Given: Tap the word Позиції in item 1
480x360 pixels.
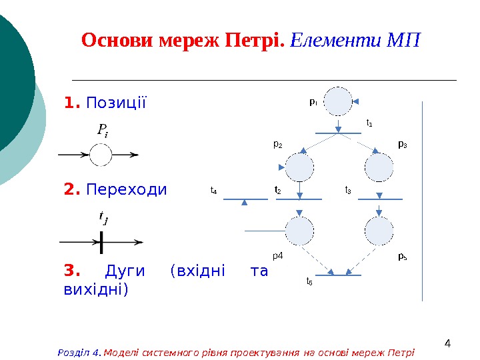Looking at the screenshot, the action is coord(116,104).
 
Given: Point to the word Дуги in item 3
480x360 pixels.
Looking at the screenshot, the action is coord(127,271).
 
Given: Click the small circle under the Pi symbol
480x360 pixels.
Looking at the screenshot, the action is coord(101,155).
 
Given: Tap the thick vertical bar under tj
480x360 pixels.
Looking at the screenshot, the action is coord(101,241).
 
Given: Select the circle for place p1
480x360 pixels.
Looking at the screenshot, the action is coord(338,101).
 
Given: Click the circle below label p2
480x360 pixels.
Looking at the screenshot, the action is coord(299,167).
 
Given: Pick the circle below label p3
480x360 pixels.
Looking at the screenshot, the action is coord(379,167).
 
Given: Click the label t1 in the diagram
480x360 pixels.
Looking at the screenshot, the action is coord(369,123).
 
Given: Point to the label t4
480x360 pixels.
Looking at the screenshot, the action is coord(213,191).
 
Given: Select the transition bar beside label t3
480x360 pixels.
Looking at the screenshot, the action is coord(380,199).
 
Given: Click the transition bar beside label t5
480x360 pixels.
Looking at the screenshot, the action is coord(338,275).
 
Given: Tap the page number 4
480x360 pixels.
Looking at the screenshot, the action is coord(447,344).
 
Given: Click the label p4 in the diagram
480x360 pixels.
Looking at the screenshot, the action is coord(278,255).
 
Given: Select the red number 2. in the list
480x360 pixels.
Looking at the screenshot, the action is coord(72,190).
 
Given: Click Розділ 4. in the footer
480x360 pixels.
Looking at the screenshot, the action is coord(80,352).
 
